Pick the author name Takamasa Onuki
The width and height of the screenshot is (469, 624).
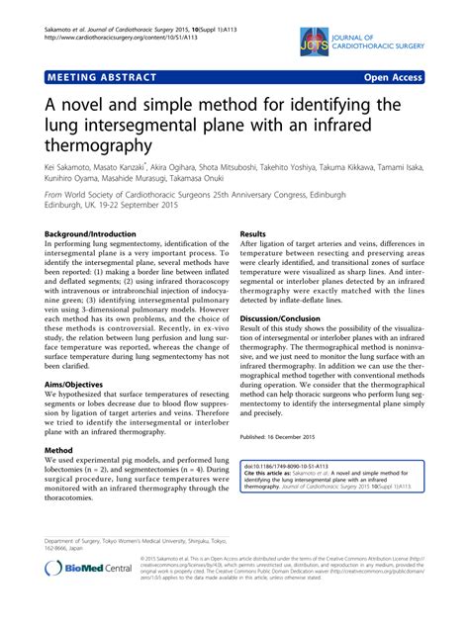pos(247,182)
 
